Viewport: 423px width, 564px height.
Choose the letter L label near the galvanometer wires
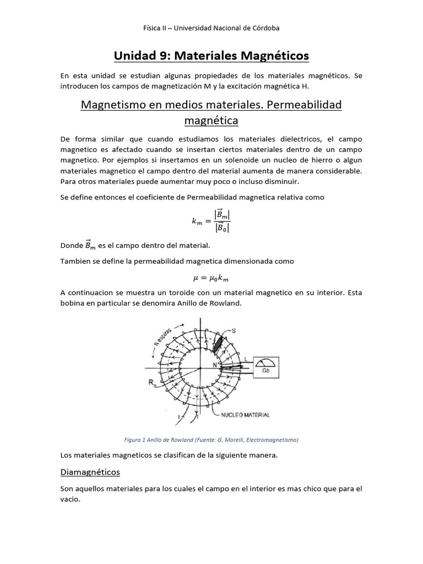(245, 358)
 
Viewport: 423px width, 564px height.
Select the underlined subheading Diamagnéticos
(90, 472)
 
